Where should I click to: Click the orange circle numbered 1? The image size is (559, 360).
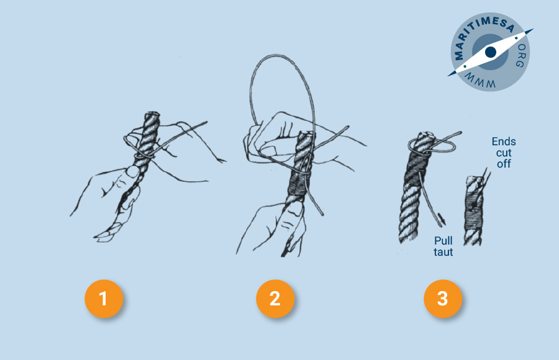104,299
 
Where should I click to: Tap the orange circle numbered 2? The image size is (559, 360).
275,299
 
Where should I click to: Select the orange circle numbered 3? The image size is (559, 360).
443,299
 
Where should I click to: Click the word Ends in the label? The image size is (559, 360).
503,142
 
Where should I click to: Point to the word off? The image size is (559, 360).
503,164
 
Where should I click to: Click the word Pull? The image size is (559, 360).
443,241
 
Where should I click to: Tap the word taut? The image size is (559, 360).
443,253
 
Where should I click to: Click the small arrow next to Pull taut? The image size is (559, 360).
442,218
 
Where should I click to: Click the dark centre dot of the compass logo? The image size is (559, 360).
491,52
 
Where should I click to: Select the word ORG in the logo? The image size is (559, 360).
521,56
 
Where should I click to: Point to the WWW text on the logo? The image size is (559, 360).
480,81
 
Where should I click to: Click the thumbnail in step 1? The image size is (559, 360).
133,172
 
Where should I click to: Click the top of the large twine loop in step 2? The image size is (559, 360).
278,56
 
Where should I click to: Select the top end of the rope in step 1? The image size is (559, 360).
152,114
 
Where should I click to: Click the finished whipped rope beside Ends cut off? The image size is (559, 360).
473,210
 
